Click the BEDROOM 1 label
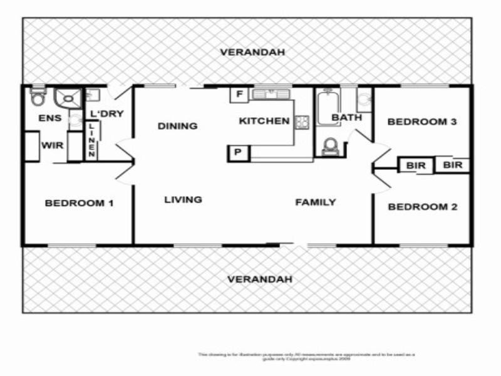[79, 203]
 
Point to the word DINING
[177, 126]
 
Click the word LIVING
[183, 200]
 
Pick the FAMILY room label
[316, 202]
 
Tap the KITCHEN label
[264, 121]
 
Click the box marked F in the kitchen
[239, 95]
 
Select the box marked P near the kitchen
[239, 152]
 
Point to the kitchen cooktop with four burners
[302, 122]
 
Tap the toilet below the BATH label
[330, 146]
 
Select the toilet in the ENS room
[38, 98]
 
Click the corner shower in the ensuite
[67, 98]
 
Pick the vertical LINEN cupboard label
[91, 140]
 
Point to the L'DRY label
[107, 113]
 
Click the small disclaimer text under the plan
[306, 356]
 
